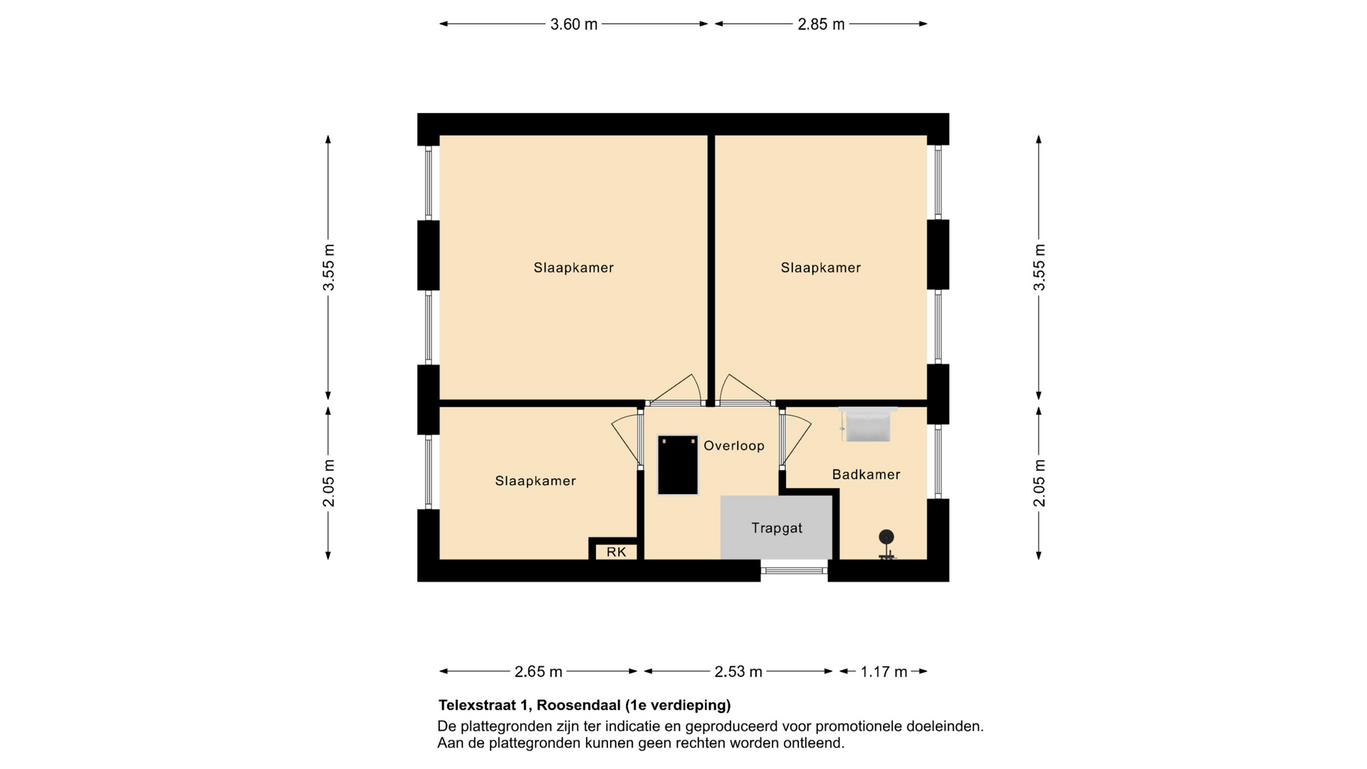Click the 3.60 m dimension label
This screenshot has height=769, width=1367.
tap(574, 24)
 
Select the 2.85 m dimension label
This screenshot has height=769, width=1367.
tap(821, 24)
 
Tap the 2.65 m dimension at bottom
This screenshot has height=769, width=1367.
tap(538, 671)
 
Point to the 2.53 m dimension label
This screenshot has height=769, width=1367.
tap(738, 671)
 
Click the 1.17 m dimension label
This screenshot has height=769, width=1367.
tap(884, 671)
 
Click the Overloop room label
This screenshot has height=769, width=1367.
tap(734, 446)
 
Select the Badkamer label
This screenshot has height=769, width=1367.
tap(866, 474)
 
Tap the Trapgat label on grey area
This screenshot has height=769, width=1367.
tap(777, 528)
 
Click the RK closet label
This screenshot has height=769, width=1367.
tap(617, 552)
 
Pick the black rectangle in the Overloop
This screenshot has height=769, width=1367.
tap(678, 465)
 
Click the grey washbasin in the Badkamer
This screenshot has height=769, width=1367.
tap(867, 424)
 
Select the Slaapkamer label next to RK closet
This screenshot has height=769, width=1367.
tap(535, 481)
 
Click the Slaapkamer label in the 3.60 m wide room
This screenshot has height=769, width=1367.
tap(574, 268)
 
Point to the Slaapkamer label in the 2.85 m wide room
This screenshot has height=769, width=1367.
tap(821, 268)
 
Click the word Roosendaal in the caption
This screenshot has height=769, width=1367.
tap(579, 706)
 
